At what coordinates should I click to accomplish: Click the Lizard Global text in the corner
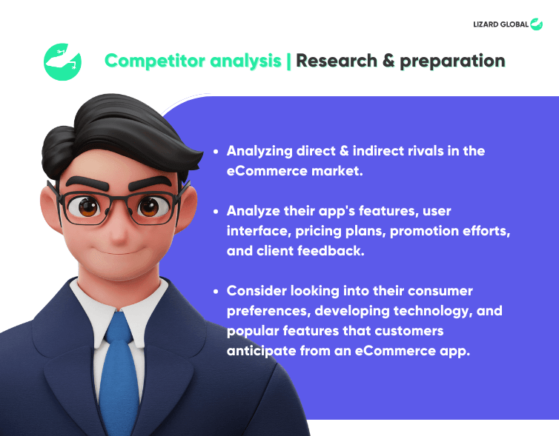(500, 24)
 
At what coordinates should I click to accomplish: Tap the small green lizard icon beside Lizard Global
(536, 24)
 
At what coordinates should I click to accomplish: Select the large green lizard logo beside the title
(62, 62)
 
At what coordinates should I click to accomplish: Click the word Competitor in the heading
(155, 61)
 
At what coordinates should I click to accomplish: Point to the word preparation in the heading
(452, 61)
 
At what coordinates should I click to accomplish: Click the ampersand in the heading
(388, 61)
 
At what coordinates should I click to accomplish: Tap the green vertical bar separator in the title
(288, 61)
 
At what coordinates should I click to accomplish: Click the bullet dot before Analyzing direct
(216, 152)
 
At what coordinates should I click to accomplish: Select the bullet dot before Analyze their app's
(216, 212)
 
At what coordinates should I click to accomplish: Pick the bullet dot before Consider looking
(216, 292)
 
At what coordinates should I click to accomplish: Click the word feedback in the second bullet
(331, 251)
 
